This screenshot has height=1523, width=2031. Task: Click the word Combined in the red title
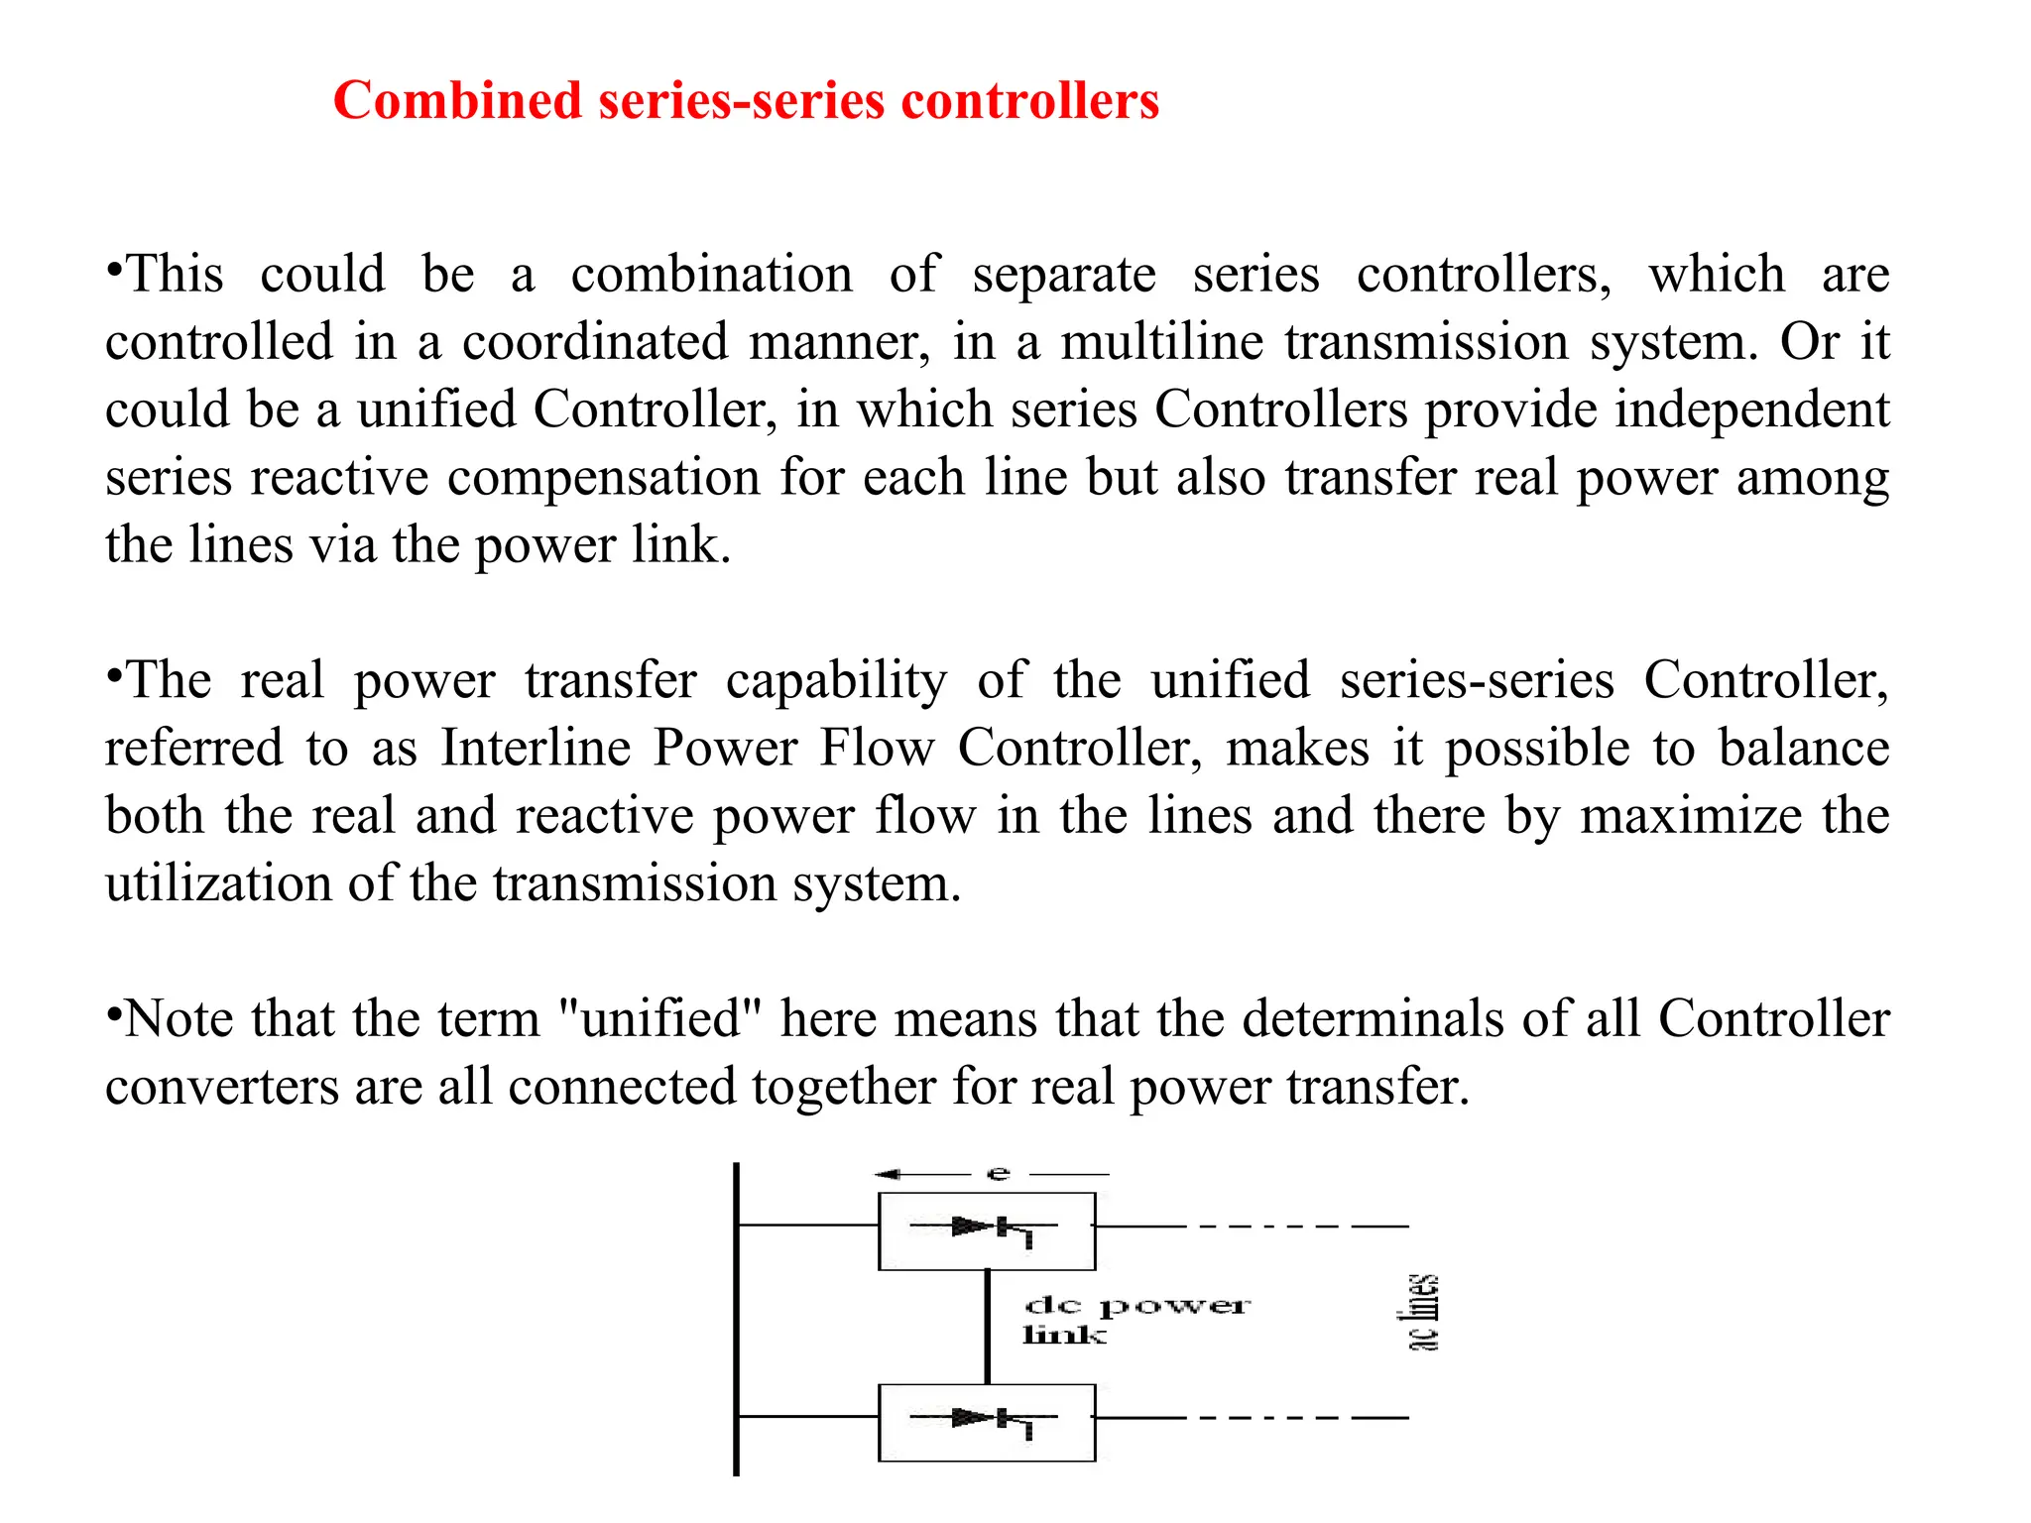point(457,101)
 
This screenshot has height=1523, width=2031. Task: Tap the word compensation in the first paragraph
point(604,478)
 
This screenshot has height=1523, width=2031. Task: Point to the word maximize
point(1690,816)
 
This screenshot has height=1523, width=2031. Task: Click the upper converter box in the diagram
point(987,1230)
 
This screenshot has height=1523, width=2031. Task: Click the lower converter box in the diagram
point(987,1423)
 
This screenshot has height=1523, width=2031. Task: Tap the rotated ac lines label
point(1423,1312)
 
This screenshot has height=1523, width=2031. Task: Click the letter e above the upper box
point(998,1175)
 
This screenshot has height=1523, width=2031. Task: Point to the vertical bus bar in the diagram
point(736,1319)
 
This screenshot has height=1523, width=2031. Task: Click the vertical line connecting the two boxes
point(987,1327)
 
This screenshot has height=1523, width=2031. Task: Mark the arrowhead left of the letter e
point(887,1174)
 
